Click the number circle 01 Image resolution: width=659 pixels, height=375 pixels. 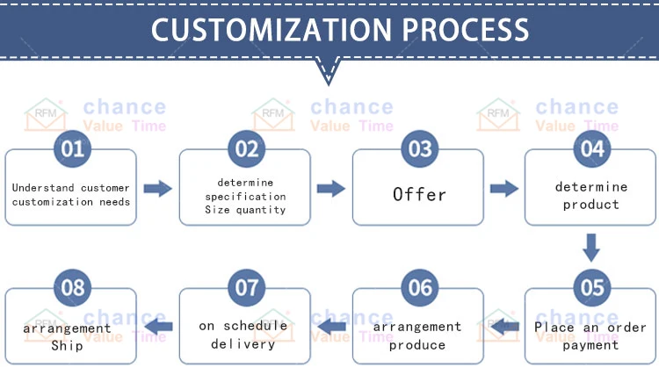click(72, 148)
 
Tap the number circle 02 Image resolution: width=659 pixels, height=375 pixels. click(246, 148)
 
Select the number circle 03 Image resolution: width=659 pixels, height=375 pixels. click(418, 148)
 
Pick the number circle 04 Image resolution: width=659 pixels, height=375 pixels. click(591, 148)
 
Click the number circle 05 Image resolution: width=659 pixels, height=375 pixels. click(591, 288)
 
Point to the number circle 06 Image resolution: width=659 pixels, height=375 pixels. click(418, 288)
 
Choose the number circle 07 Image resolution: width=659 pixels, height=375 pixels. click(246, 288)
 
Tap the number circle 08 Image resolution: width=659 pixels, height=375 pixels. click(72, 288)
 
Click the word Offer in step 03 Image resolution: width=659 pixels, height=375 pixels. click(419, 194)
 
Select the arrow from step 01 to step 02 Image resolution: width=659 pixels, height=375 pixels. click(157, 188)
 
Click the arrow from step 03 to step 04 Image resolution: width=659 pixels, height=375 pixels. click(503, 188)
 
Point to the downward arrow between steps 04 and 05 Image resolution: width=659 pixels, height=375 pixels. click(591, 247)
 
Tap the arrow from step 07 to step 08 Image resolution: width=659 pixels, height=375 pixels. click(157, 328)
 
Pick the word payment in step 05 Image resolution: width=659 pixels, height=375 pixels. click(590, 344)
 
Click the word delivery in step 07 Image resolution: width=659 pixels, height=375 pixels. click(243, 343)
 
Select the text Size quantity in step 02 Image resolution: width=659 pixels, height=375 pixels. click(245, 210)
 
